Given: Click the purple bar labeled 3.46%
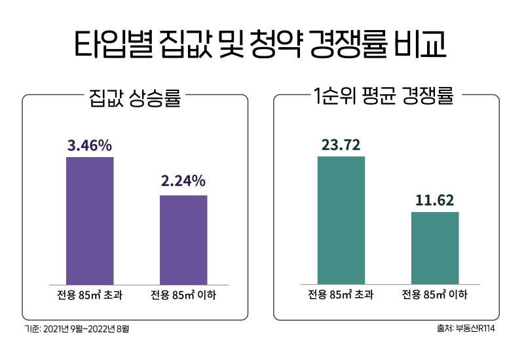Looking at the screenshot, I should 90,221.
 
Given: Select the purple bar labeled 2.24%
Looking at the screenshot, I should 183,240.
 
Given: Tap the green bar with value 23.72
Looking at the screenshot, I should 341,221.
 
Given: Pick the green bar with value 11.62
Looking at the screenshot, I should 435,248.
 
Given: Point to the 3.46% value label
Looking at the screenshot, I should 90,145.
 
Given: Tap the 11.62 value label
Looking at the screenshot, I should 435,200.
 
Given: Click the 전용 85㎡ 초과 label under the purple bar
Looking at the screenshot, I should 90,295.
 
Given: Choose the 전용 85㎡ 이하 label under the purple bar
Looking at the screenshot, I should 183,295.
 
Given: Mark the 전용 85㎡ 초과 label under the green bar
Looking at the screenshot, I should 341,295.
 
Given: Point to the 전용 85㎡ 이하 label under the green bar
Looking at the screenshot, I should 435,295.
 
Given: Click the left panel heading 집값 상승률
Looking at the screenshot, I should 134,99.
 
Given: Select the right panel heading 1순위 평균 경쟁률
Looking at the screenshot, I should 384,99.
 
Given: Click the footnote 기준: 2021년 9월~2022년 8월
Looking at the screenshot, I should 77,328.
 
